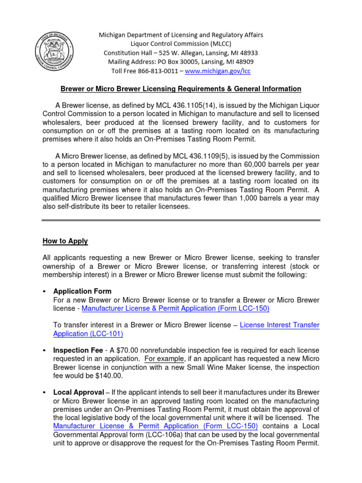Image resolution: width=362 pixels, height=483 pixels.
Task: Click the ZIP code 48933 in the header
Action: [248, 53]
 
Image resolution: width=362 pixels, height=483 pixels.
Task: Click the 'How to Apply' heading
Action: [65, 241]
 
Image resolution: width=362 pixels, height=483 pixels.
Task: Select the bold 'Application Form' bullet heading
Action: [82, 291]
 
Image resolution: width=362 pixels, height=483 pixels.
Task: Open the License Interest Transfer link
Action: [280, 325]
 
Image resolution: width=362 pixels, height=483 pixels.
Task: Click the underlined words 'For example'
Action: [162, 359]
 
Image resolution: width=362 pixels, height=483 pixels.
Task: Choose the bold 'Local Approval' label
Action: [78, 392]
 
